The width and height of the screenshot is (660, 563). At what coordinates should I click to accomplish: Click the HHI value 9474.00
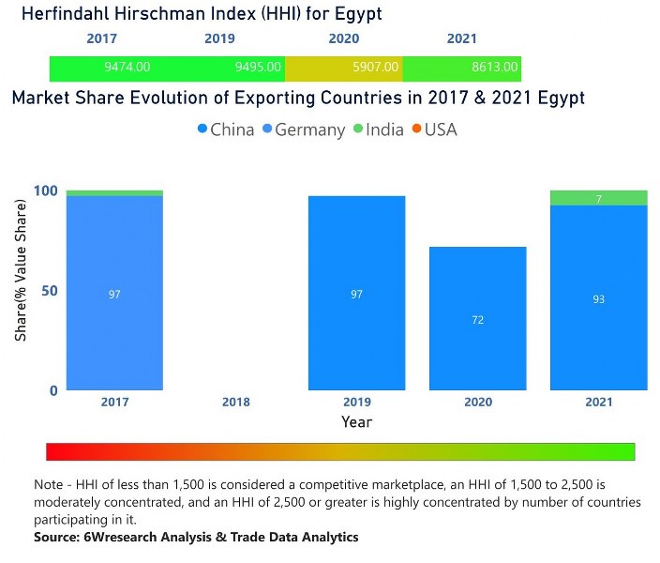click(128, 68)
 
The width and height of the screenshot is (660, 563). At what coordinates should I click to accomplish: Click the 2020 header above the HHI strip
click(344, 39)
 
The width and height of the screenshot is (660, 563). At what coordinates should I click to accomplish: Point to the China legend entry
click(226, 129)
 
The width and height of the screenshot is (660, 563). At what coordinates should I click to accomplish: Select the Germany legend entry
click(303, 129)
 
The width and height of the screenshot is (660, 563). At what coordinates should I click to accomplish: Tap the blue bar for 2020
click(477, 319)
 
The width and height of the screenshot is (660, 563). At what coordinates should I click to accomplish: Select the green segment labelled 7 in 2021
click(598, 198)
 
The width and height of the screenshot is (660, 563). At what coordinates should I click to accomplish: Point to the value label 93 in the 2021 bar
click(598, 299)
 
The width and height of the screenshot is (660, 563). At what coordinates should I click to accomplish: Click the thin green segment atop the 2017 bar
click(114, 193)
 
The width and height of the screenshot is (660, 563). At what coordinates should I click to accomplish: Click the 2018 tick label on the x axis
click(235, 403)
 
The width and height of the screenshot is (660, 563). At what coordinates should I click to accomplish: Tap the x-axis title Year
click(356, 422)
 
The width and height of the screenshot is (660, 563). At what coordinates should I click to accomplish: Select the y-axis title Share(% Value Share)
click(21, 292)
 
